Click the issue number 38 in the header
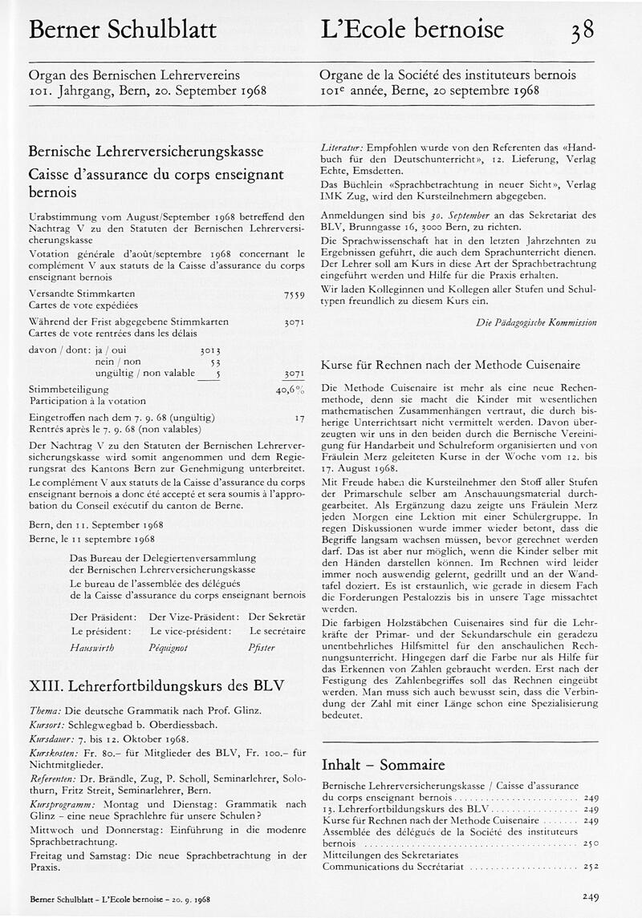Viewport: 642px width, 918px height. pos(582,31)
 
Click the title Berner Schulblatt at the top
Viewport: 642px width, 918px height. pos(122,30)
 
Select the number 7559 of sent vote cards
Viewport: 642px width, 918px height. pos(294,296)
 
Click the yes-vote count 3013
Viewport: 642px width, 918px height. pos(209,350)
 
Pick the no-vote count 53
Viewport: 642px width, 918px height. pos(214,362)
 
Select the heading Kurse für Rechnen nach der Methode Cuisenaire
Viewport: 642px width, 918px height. pos(450,364)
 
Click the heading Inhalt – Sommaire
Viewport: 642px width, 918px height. pos(383,764)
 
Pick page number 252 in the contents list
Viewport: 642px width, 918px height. pos(591,867)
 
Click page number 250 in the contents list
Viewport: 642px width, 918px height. pos(591,844)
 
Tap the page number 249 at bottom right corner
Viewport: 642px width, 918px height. pos(591,897)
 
